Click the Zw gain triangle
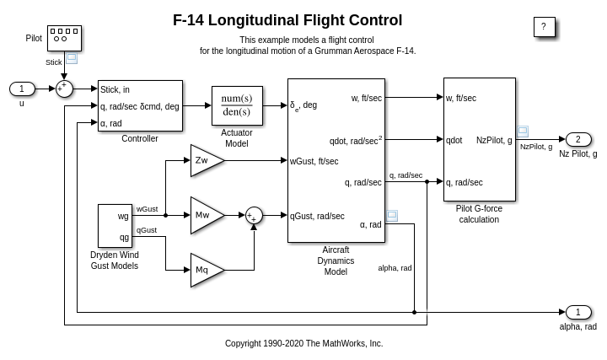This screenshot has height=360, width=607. pos(204,160)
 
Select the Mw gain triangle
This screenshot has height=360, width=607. pos(205,215)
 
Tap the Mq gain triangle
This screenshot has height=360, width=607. pos(204,270)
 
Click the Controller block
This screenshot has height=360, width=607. pos(140,105)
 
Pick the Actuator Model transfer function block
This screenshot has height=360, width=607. pos(237,105)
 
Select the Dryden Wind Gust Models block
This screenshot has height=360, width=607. pos(115,226)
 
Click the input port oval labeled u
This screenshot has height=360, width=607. pos(22,89)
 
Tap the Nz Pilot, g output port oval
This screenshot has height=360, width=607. pos(577,139)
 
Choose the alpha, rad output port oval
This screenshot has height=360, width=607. pos(577,312)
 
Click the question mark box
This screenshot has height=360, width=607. pos(544,27)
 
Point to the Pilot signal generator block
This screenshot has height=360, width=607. pos(64,37)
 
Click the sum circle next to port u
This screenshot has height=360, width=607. pos(64,89)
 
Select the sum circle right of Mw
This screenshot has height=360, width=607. pos(254,215)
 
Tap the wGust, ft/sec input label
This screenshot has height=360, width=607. pos(314,161)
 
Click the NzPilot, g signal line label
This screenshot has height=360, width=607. pos(536,147)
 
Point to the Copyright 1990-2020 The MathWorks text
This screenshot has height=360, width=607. pos(303,343)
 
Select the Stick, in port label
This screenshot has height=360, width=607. pos(115,89)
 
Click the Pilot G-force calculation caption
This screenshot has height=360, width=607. pos(479,214)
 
